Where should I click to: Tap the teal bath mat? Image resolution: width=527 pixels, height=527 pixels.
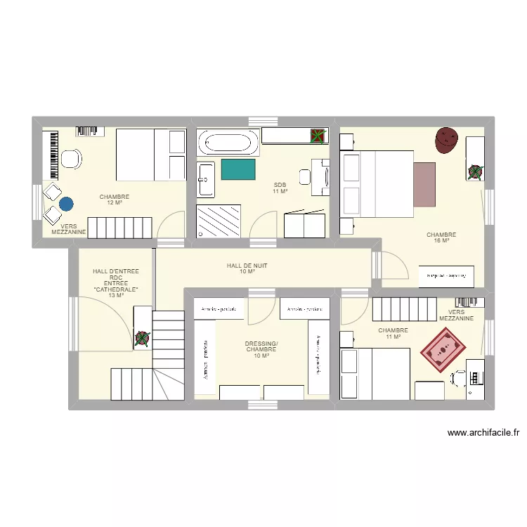pos(238,169)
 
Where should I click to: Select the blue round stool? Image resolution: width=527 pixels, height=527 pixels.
pos(66,204)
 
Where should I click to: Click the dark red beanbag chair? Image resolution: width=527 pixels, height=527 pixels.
pos(445,139)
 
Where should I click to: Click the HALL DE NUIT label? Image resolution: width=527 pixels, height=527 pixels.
pos(247,268)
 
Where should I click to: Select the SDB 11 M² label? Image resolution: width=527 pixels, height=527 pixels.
pos(280,188)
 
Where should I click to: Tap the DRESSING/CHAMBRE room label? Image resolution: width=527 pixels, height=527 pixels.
pos(261,349)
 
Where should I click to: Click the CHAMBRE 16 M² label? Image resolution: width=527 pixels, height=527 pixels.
pos(441,238)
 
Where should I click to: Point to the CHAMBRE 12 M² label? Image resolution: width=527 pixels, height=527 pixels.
pos(115,200)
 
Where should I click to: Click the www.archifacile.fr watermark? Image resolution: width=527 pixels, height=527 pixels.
pos(487,434)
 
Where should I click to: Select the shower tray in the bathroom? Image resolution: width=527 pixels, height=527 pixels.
pos(219,221)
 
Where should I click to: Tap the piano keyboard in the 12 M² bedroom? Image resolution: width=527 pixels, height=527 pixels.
pos(51,155)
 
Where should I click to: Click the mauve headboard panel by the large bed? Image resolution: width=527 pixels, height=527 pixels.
pos(424,184)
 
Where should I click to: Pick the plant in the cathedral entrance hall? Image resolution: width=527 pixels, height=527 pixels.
pos(143,339)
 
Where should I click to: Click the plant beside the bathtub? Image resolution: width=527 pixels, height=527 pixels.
pos(319,136)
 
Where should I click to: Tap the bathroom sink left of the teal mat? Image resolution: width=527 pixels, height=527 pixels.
pos(205,178)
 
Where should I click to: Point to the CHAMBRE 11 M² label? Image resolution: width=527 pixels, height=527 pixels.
pos(393,333)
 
